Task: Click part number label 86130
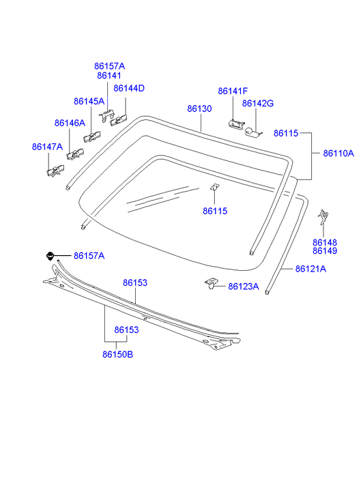click(x=199, y=108)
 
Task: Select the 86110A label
click(x=338, y=154)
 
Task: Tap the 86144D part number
click(x=129, y=88)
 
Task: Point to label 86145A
click(x=89, y=101)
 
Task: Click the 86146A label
click(x=70, y=123)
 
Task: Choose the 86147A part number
click(x=47, y=147)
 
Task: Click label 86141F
click(x=233, y=91)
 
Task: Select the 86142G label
click(x=258, y=104)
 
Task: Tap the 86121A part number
click(x=310, y=269)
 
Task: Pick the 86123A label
click(x=244, y=287)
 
